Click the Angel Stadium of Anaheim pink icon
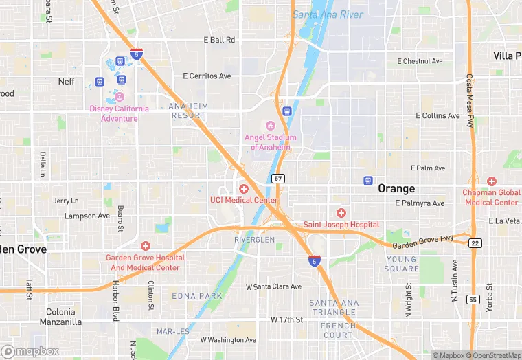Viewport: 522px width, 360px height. tap(269, 124)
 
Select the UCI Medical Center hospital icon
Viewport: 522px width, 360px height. tap(243, 188)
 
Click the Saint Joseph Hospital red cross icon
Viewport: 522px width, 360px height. tap(341, 213)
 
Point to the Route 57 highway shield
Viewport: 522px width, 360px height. tap(277, 179)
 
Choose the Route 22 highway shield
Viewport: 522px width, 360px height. tap(475, 243)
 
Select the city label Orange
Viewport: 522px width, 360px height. tap(396, 188)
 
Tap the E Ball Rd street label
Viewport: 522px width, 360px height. tap(219, 40)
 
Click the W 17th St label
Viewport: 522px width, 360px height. tap(286, 320)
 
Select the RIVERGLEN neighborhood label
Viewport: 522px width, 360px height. tap(254, 239)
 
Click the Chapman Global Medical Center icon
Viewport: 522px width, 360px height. tap(491, 181)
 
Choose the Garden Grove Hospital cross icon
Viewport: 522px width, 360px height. tap(145, 246)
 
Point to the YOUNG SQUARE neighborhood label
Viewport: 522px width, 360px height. tap(402, 264)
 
